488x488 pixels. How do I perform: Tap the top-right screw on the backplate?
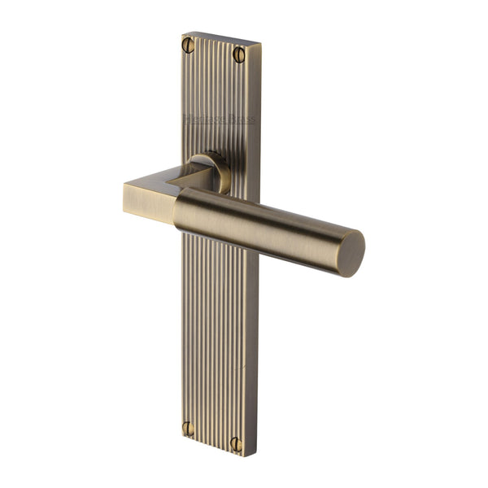[x=239, y=54]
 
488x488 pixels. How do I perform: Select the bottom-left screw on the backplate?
[x=188, y=428]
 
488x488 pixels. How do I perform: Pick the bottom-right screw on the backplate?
[x=236, y=445]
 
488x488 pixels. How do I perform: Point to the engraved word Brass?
[x=240, y=120]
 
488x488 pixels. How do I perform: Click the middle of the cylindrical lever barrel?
[x=260, y=220]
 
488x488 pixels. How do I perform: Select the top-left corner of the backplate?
[x=183, y=33]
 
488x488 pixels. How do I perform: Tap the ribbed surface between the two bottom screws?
[x=211, y=435]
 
